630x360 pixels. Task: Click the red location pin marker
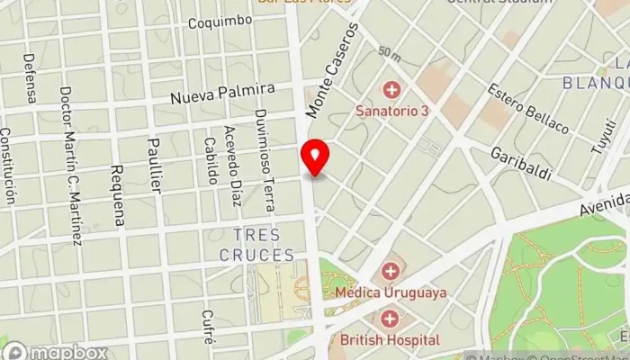coord(315,158)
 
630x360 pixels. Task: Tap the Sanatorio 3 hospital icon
coord(391,90)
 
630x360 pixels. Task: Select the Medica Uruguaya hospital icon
coord(391,271)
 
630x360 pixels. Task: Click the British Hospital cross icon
coord(390,319)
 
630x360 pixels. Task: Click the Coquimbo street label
coord(220,22)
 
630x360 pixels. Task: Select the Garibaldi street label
coord(520,164)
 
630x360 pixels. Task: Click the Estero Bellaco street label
coord(527,109)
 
